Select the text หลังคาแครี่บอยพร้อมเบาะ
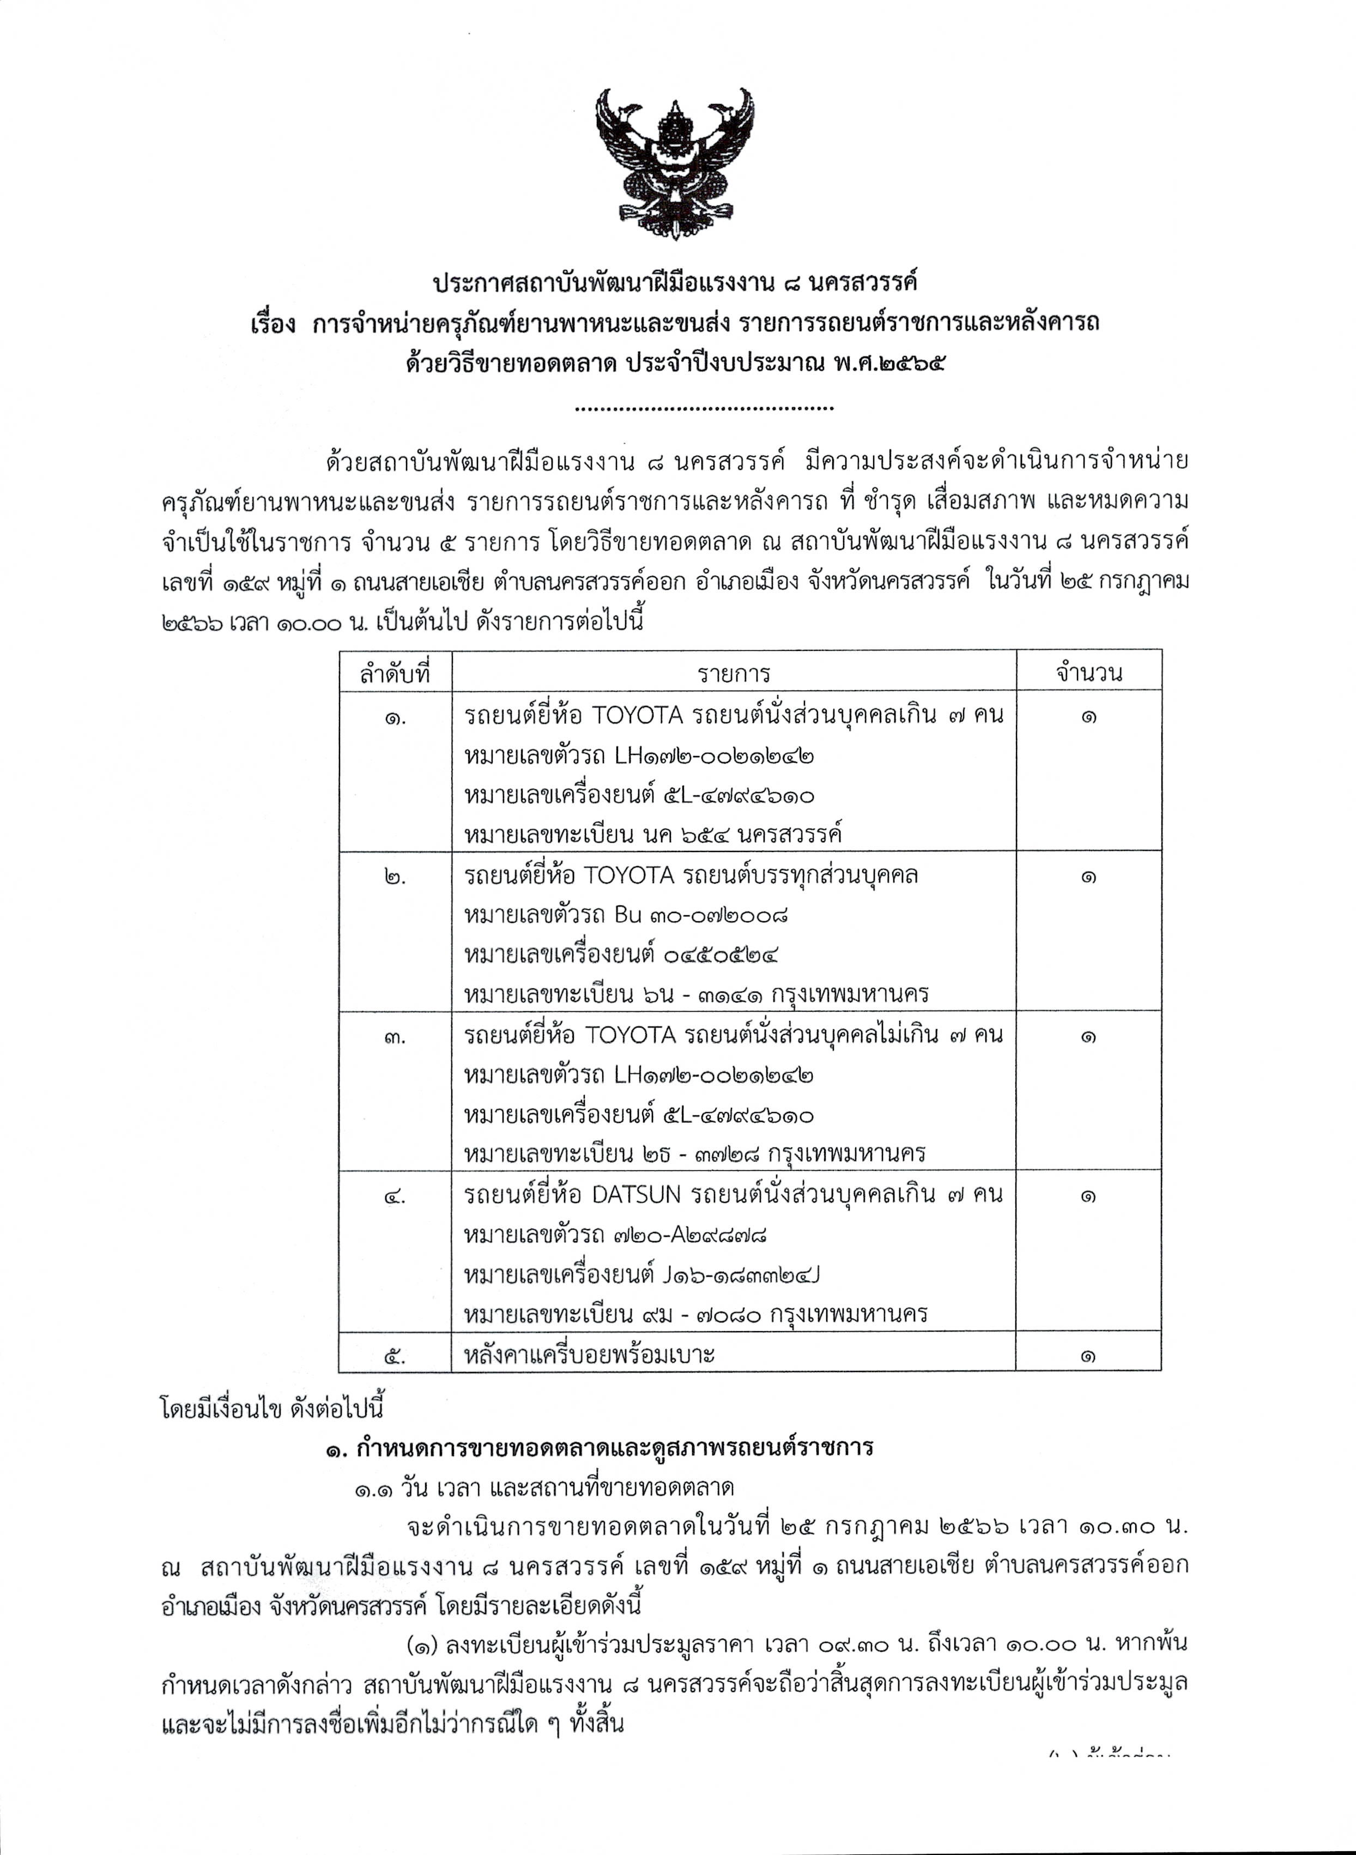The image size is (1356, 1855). pos(589,1354)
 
